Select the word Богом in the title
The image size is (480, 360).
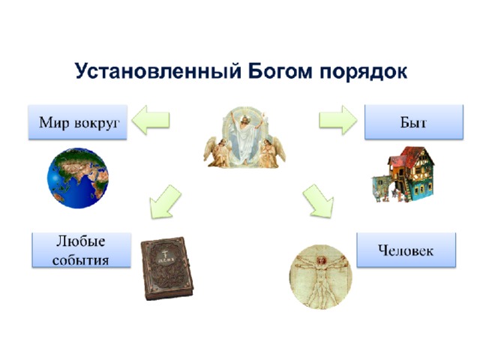pyautogui.click(x=280, y=71)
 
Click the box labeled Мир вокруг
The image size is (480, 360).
pyautogui.click(x=78, y=122)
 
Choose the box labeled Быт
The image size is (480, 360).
pyautogui.click(x=414, y=121)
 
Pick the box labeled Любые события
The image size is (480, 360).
pyautogui.click(x=82, y=250)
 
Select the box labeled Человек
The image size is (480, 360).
pyautogui.click(x=406, y=250)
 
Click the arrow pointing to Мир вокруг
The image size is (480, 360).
pyautogui.click(x=151, y=120)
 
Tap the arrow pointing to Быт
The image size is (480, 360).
pyautogui.click(x=338, y=120)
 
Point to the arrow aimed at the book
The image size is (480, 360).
pyautogui.click(x=165, y=202)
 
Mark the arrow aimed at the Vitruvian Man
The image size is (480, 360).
pyautogui.click(x=318, y=201)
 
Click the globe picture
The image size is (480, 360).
pyautogui.click(x=78, y=178)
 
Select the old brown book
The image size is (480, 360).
pyautogui.click(x=166, y=268)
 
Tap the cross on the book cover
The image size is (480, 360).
pyautogui.click(x=165, y=253)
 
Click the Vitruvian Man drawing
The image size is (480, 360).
pyautogui.click(x=321, y=277)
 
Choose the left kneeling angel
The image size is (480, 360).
pyautogui.click(x=218, y=152)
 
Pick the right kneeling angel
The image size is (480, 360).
pyautogui.click(x=271, y=152)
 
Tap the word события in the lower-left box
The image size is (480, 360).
pyautogui.click(x=80, y=260)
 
